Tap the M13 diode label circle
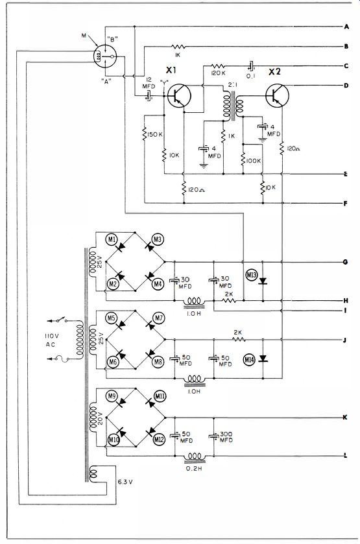click(251, 276)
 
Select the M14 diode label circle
click(249, 360)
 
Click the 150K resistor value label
click(155, 134)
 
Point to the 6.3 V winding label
click(125, 482)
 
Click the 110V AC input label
click(51, 340)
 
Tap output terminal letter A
click(346, 27)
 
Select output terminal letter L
click(346, 456)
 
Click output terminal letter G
click(346, 262)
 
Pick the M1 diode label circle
click(112, 239)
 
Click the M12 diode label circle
click(159, 440)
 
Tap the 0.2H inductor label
click(194, 468)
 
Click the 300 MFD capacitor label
click(226, 437)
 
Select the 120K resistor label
click(218, 73)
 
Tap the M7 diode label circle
click(159, 318)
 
